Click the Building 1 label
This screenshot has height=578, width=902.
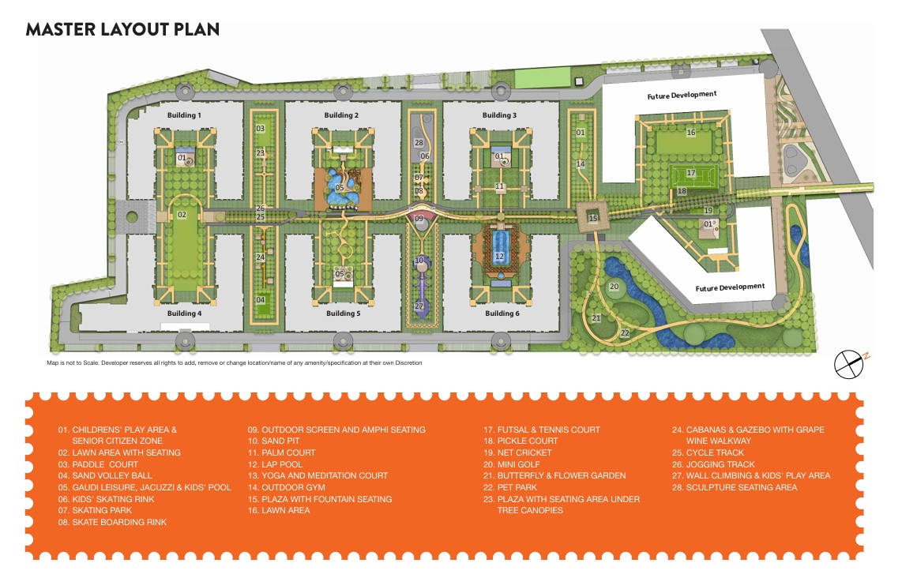(x=184, y=115)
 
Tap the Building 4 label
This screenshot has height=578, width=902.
(x=184, y=313)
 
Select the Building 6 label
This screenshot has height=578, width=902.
(x=500, y=313)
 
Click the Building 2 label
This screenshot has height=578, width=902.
(x=341, y=115)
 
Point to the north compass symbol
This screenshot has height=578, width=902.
(x=850, y=362)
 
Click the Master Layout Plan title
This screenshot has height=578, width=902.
(x=122, y=30)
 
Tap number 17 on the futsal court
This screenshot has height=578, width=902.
(x=690, y=173)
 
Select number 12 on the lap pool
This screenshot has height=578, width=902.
(x=499, y=257)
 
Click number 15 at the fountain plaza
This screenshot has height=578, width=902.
(x=593, y=219)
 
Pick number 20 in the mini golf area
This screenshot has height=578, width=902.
(x=614, y=286)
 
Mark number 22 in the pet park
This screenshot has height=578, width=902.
(x=625, y=333)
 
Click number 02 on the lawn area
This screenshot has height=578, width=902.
(x=182, y=215)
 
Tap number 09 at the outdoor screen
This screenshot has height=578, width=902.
(x=419, y=219)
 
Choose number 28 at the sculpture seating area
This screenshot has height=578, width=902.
(x=419, y=143)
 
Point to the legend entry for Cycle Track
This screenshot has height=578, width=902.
(x=709, y=452)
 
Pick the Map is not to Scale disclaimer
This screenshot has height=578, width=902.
(x=235, y=363)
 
